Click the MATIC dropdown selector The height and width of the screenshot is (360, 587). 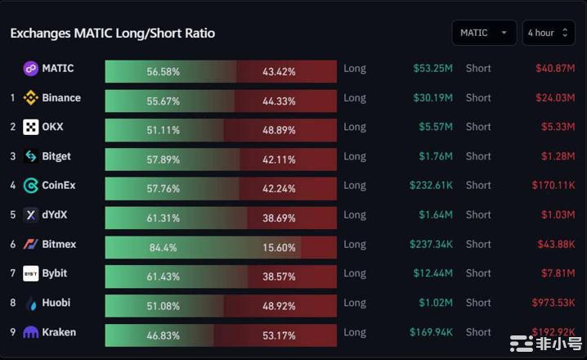tap(483, 33)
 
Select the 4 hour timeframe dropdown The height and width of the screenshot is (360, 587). tap(548, 33)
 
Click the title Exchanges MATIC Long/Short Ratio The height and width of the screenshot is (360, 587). tap(112, 34)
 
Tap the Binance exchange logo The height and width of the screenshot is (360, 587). tap(31, 98)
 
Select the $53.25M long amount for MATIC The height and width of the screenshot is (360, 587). tap(432, 69)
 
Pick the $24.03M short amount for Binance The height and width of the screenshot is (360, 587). tap(555, 98)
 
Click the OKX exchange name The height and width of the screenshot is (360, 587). tap(52, 127)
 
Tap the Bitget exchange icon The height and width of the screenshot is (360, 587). tap(31, 156)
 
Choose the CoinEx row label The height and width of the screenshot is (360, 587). tap(59, 186)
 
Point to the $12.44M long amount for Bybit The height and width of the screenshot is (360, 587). tap(432, 273)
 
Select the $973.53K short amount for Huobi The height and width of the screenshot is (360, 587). tap(552, 303)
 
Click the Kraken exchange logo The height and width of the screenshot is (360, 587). tap(31, 332)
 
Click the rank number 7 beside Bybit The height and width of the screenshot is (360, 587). tap(13, 273)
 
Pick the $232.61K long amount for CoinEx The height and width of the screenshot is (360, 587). tap(431, 186)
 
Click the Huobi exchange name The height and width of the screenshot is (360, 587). tap(56, 303)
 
